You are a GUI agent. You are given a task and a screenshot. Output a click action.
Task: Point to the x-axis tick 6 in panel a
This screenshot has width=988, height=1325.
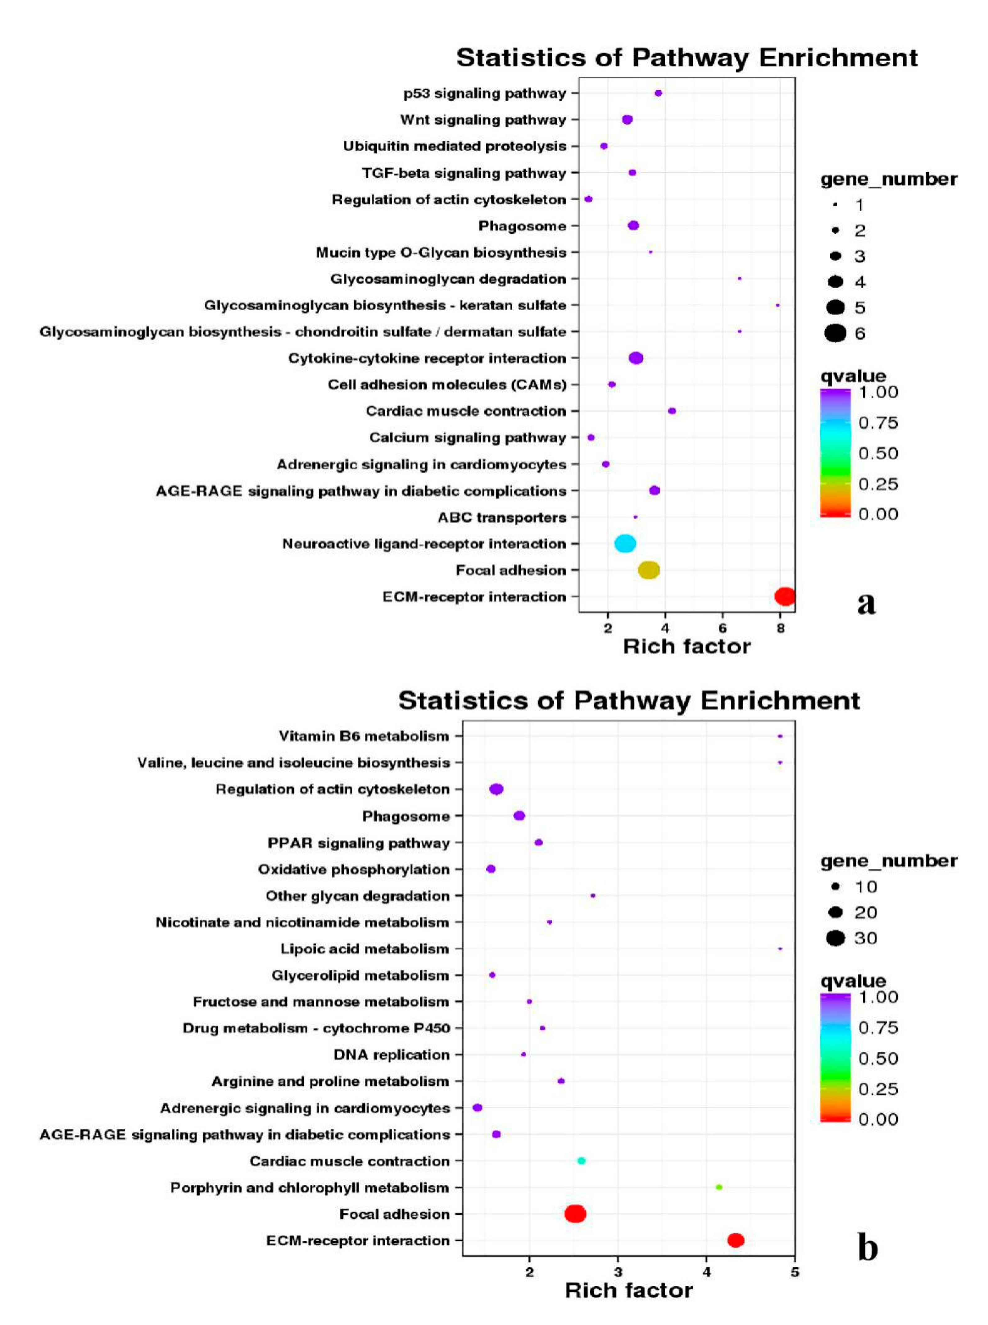(723, 628)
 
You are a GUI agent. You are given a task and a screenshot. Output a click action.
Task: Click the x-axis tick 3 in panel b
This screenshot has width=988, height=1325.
(618, 1272)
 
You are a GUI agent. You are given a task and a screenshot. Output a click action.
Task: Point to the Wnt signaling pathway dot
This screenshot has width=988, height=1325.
(627, 120)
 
